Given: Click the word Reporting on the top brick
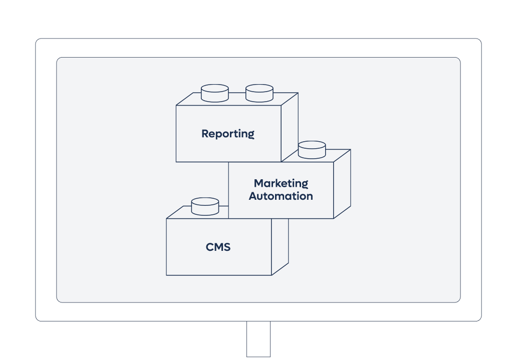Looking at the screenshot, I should pyautogui.click(x=228, y=134).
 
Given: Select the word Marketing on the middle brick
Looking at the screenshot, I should pyautogui.click(x=281, y=183).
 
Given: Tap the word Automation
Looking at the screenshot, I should pyautogui.click(x=281, y=196).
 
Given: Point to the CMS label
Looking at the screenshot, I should pyautogui.click(x=218, y=247).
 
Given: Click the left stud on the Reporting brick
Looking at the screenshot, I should pyautogui.click(x=215, y=93).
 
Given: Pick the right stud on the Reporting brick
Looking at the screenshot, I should pyautogui.click(x=260, y=93).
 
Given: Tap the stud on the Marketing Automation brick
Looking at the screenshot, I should pyautogui.click(x=312, y=150).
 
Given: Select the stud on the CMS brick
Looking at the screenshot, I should pyautogui.click(x=205, y=206).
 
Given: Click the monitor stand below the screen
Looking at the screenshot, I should pyautogui.click(x=258, y=339).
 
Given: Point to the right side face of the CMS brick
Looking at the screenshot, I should pyautogui.click(x=280, y=245).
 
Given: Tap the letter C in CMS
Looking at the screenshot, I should pyautogui.click(x=210, y=247).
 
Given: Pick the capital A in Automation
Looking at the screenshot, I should pyautogui.click(x=253, y=196).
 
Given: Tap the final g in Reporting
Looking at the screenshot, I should pyautogui.click(x=251, y=135).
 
